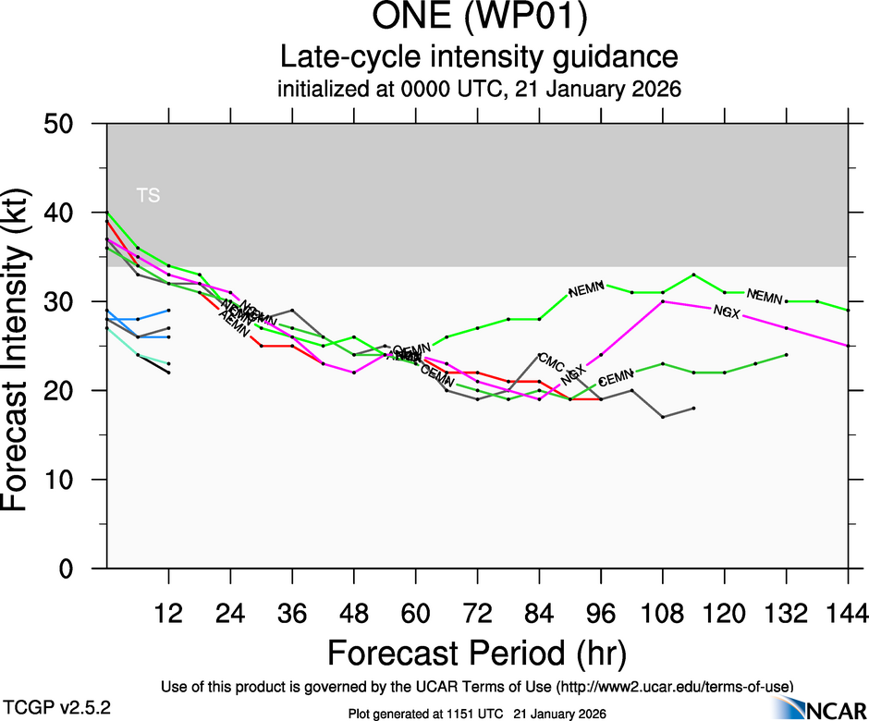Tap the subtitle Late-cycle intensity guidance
point(478,57)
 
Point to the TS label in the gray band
point(148,195)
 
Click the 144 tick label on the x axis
point(848,612)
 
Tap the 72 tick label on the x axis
point(477,612)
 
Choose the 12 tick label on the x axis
point(168,612)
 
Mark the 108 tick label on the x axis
point(662,612)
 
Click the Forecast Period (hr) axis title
point(477,653)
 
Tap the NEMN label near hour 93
point(586,291)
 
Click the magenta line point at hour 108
point(663,301)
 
